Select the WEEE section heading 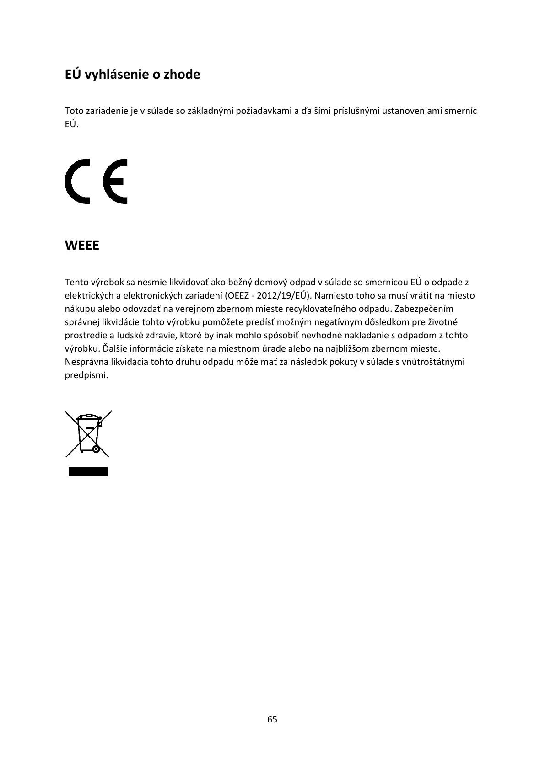82,246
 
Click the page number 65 272,719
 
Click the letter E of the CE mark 115,181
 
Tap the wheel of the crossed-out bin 96,449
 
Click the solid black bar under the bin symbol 88,472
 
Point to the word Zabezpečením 424,309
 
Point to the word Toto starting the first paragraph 74,111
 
